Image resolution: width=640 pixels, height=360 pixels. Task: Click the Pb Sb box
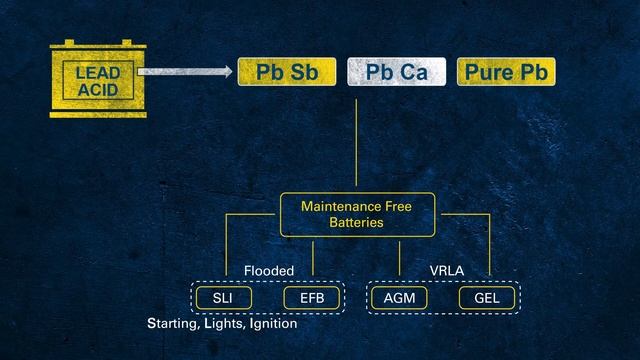[x=281, y=72]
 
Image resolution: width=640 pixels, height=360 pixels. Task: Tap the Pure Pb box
[x=505, y=72]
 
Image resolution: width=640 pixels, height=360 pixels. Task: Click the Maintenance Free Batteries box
[x=356, y=214]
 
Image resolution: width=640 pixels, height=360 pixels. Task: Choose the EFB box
[x=312, y=298]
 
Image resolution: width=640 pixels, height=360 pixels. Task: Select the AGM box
[x=399, y=298]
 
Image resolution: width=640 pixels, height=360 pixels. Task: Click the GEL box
[x=486, y=298]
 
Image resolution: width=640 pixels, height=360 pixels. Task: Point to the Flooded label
[x=269, y=271]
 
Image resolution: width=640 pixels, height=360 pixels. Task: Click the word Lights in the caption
[x=221, y=325]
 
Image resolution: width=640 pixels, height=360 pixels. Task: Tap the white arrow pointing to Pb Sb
[x=185, y=72]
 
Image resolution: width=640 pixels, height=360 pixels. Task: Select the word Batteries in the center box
[x=356, y=223]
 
